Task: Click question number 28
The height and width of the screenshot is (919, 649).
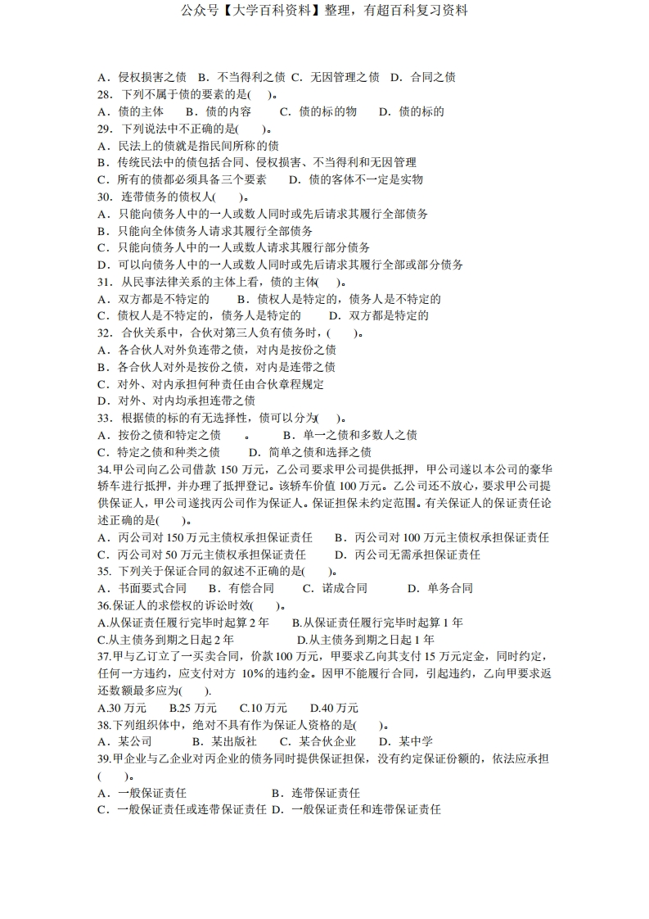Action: tap(105, 94)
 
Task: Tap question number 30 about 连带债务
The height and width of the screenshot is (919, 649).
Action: tap(105, 197)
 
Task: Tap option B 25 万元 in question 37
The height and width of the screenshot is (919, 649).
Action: tap(193, 708)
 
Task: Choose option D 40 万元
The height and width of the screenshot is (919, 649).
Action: tap(334, 708)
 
